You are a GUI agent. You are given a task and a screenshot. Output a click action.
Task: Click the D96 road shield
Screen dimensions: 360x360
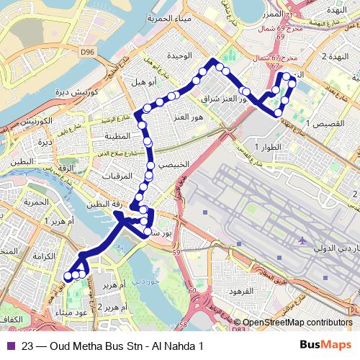click(89, 53)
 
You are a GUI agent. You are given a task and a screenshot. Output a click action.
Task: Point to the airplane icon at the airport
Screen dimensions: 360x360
click(302, 239)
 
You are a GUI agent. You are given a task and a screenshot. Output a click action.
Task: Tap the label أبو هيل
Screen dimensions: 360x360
click(143, 83)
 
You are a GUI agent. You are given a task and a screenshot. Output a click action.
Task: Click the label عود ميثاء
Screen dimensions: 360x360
click(70, 312)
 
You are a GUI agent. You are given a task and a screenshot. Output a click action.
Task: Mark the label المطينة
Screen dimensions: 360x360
click(119, 136)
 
